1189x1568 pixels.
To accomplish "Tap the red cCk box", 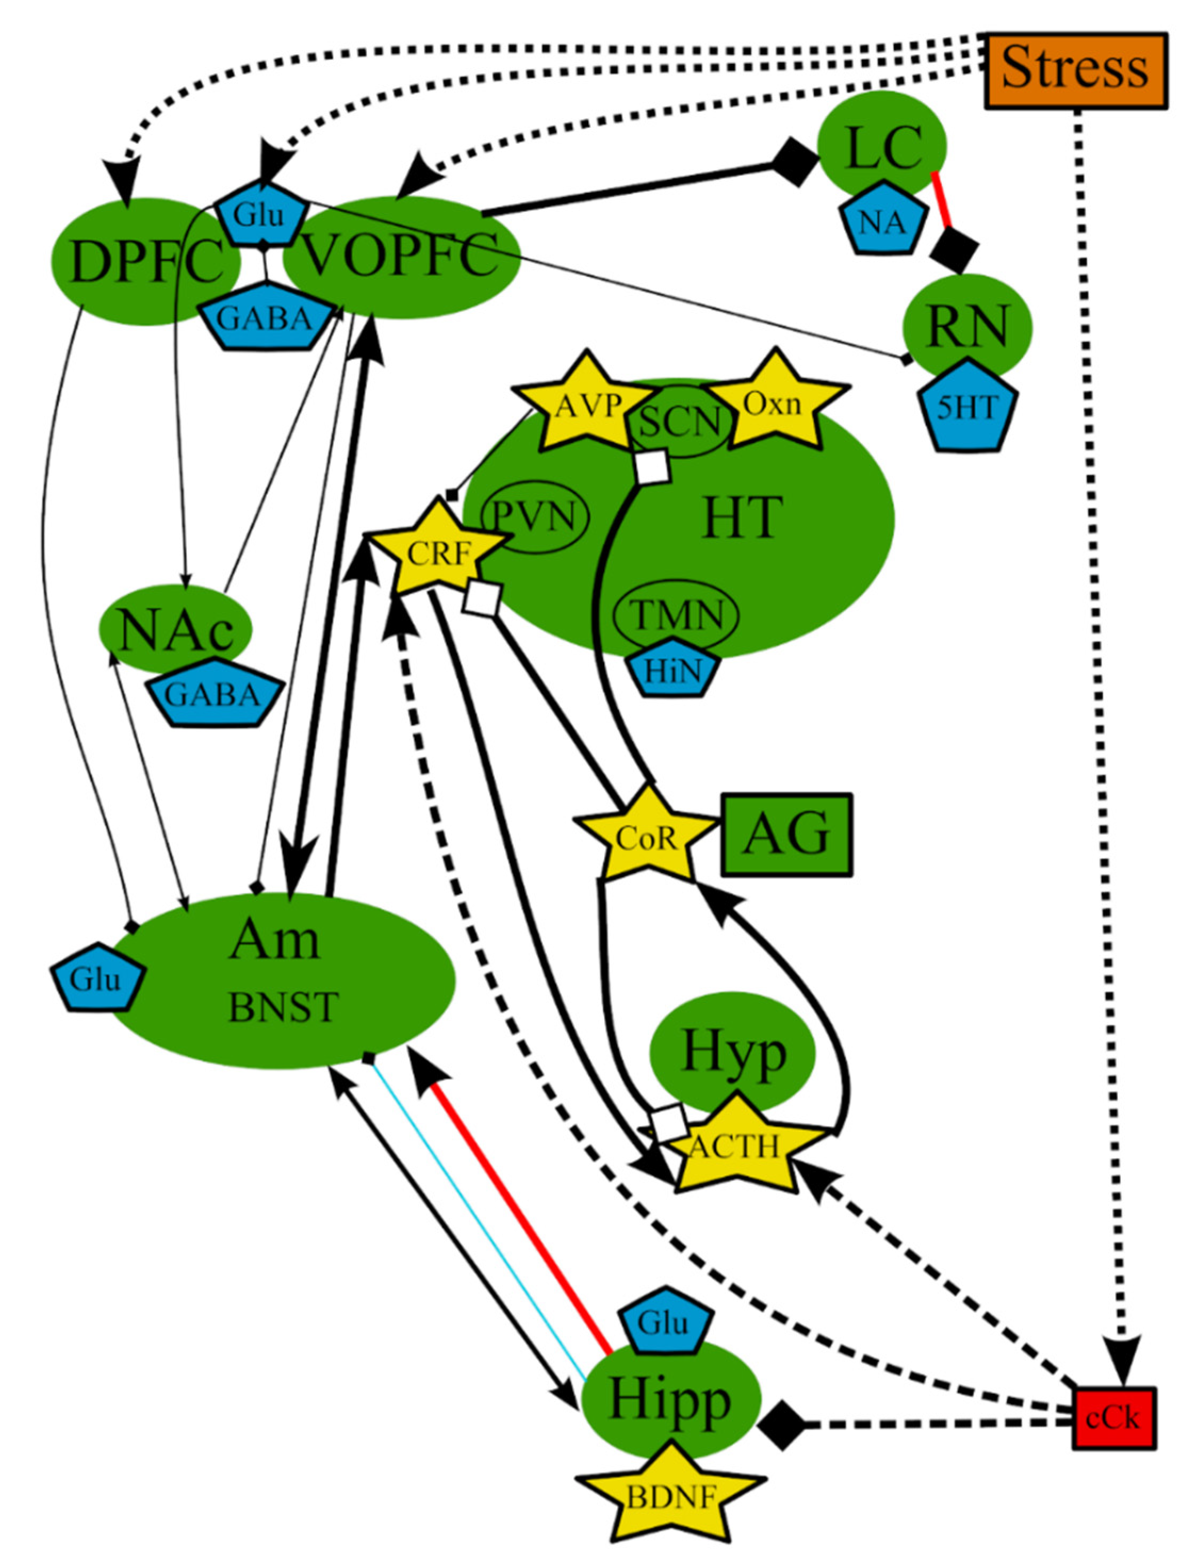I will coord(1113,1417).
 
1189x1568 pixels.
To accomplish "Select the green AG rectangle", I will coord(786,835).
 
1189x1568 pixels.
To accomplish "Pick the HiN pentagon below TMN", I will coord(674,670).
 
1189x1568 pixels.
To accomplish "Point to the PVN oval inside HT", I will coord(535,517).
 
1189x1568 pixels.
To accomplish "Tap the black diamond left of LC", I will coord(793,162).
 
